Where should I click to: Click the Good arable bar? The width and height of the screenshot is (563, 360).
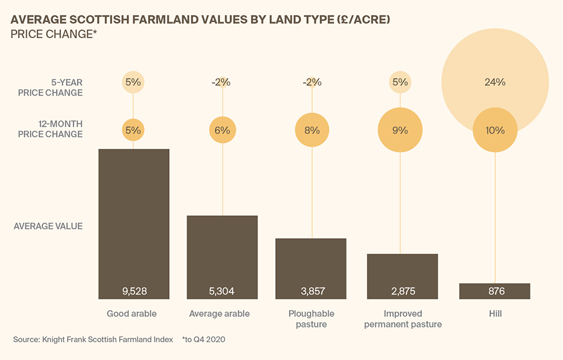pyautogui.click(x=134, y=222)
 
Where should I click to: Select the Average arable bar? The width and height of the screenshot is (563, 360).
pyautogui.click(x=222, y=255)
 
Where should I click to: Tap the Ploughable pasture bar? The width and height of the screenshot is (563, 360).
pyautogui.click(x=311, y=267)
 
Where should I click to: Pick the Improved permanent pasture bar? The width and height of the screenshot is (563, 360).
pyautogui.click(x=402, y=275)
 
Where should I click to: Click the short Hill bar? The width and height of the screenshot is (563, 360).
pyautogui.click(x=495, y=291)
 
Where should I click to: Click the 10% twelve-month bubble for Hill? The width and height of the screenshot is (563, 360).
pyautogui.click(x=495, y=130)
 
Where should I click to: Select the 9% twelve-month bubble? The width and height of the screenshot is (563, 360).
pyautogui.click(x=400, y=130)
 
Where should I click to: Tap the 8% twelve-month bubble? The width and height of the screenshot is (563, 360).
pyautogui.click(x=312, y=130)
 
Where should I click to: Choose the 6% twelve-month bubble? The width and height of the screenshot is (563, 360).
pyautogui.click(x=223, y=130)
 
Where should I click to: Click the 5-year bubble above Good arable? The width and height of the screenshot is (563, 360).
pyautogui.click(x=133, y=82)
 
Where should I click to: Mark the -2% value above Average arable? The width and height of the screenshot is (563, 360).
pyautogui.click(x=221, y=82)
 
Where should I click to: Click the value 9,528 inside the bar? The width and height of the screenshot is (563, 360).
pyautogui.click(x=134, y=292)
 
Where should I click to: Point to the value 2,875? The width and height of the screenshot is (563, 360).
pyautogui.click(x=402, y=292)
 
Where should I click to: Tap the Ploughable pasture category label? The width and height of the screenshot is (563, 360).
pyautogui.click(x=311, y=319)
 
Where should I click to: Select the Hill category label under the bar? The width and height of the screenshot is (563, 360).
pyautogui.click(x=495, y=314)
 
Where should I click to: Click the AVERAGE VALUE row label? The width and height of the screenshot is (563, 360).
pyautogui.click(x=48, y=226)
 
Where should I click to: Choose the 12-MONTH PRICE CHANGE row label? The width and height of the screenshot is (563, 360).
pyautogui.click(x=50, y=129)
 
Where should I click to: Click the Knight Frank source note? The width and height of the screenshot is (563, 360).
pyautogui.click(x=93, y=340)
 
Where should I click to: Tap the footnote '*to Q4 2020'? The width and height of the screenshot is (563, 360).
pyautogui.click(x=204, y=340)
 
